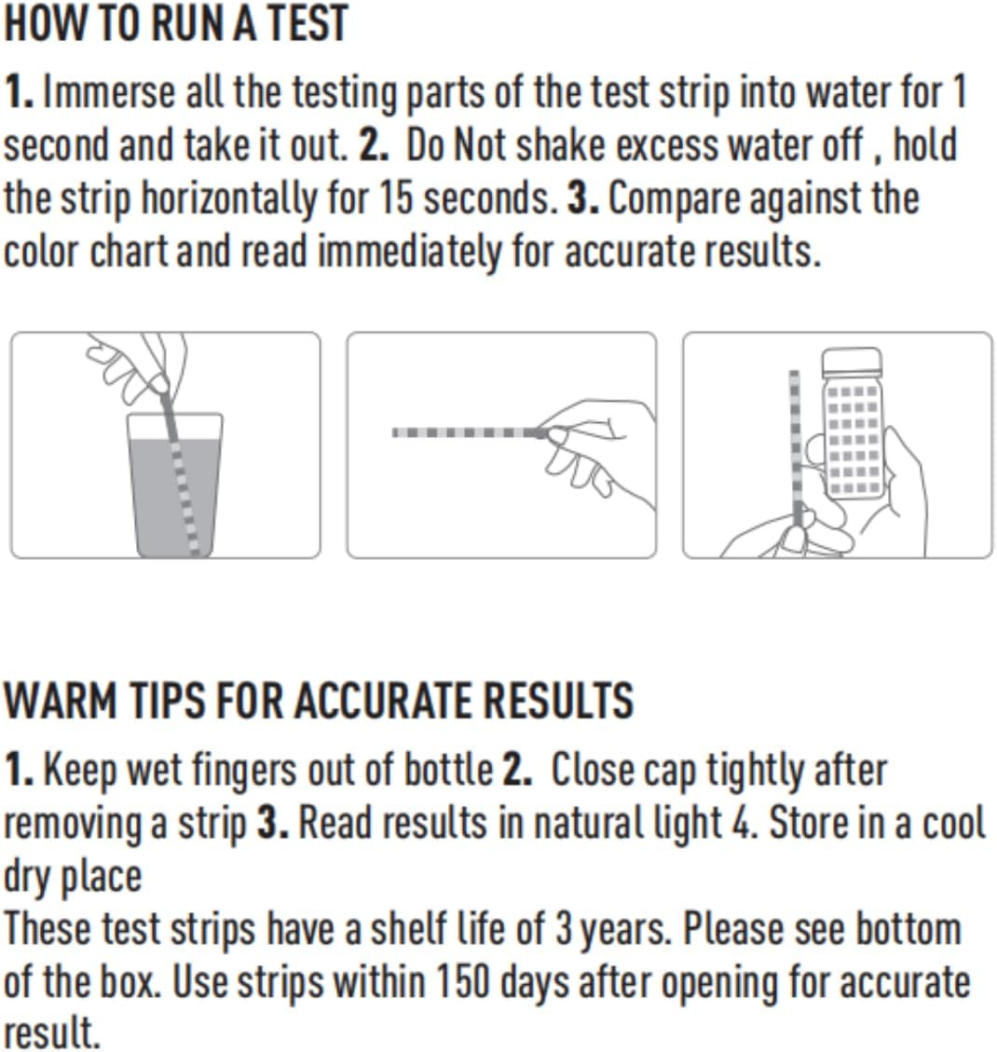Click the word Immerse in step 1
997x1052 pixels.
[109, 93]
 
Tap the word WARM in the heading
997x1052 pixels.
[58, 701]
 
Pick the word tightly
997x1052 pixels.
[758, 770]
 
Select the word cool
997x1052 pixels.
[952, 823]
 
